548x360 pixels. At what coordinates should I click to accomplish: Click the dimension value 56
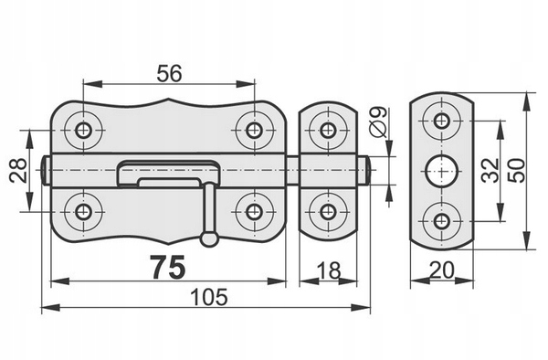(169, 73)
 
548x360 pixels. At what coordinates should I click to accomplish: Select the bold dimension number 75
(168, 267)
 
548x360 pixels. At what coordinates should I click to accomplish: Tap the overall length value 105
(209, 297)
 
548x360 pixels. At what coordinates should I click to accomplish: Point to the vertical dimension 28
(18, 170)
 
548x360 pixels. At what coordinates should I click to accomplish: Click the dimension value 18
(329, 270)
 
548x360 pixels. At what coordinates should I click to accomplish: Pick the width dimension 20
(442, 270)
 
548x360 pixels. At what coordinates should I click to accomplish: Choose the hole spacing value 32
(490, 170)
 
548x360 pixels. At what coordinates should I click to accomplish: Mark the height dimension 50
(517, 170)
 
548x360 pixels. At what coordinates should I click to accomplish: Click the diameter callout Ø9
(378, 122)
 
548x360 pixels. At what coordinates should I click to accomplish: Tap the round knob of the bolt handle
(209, 238)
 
